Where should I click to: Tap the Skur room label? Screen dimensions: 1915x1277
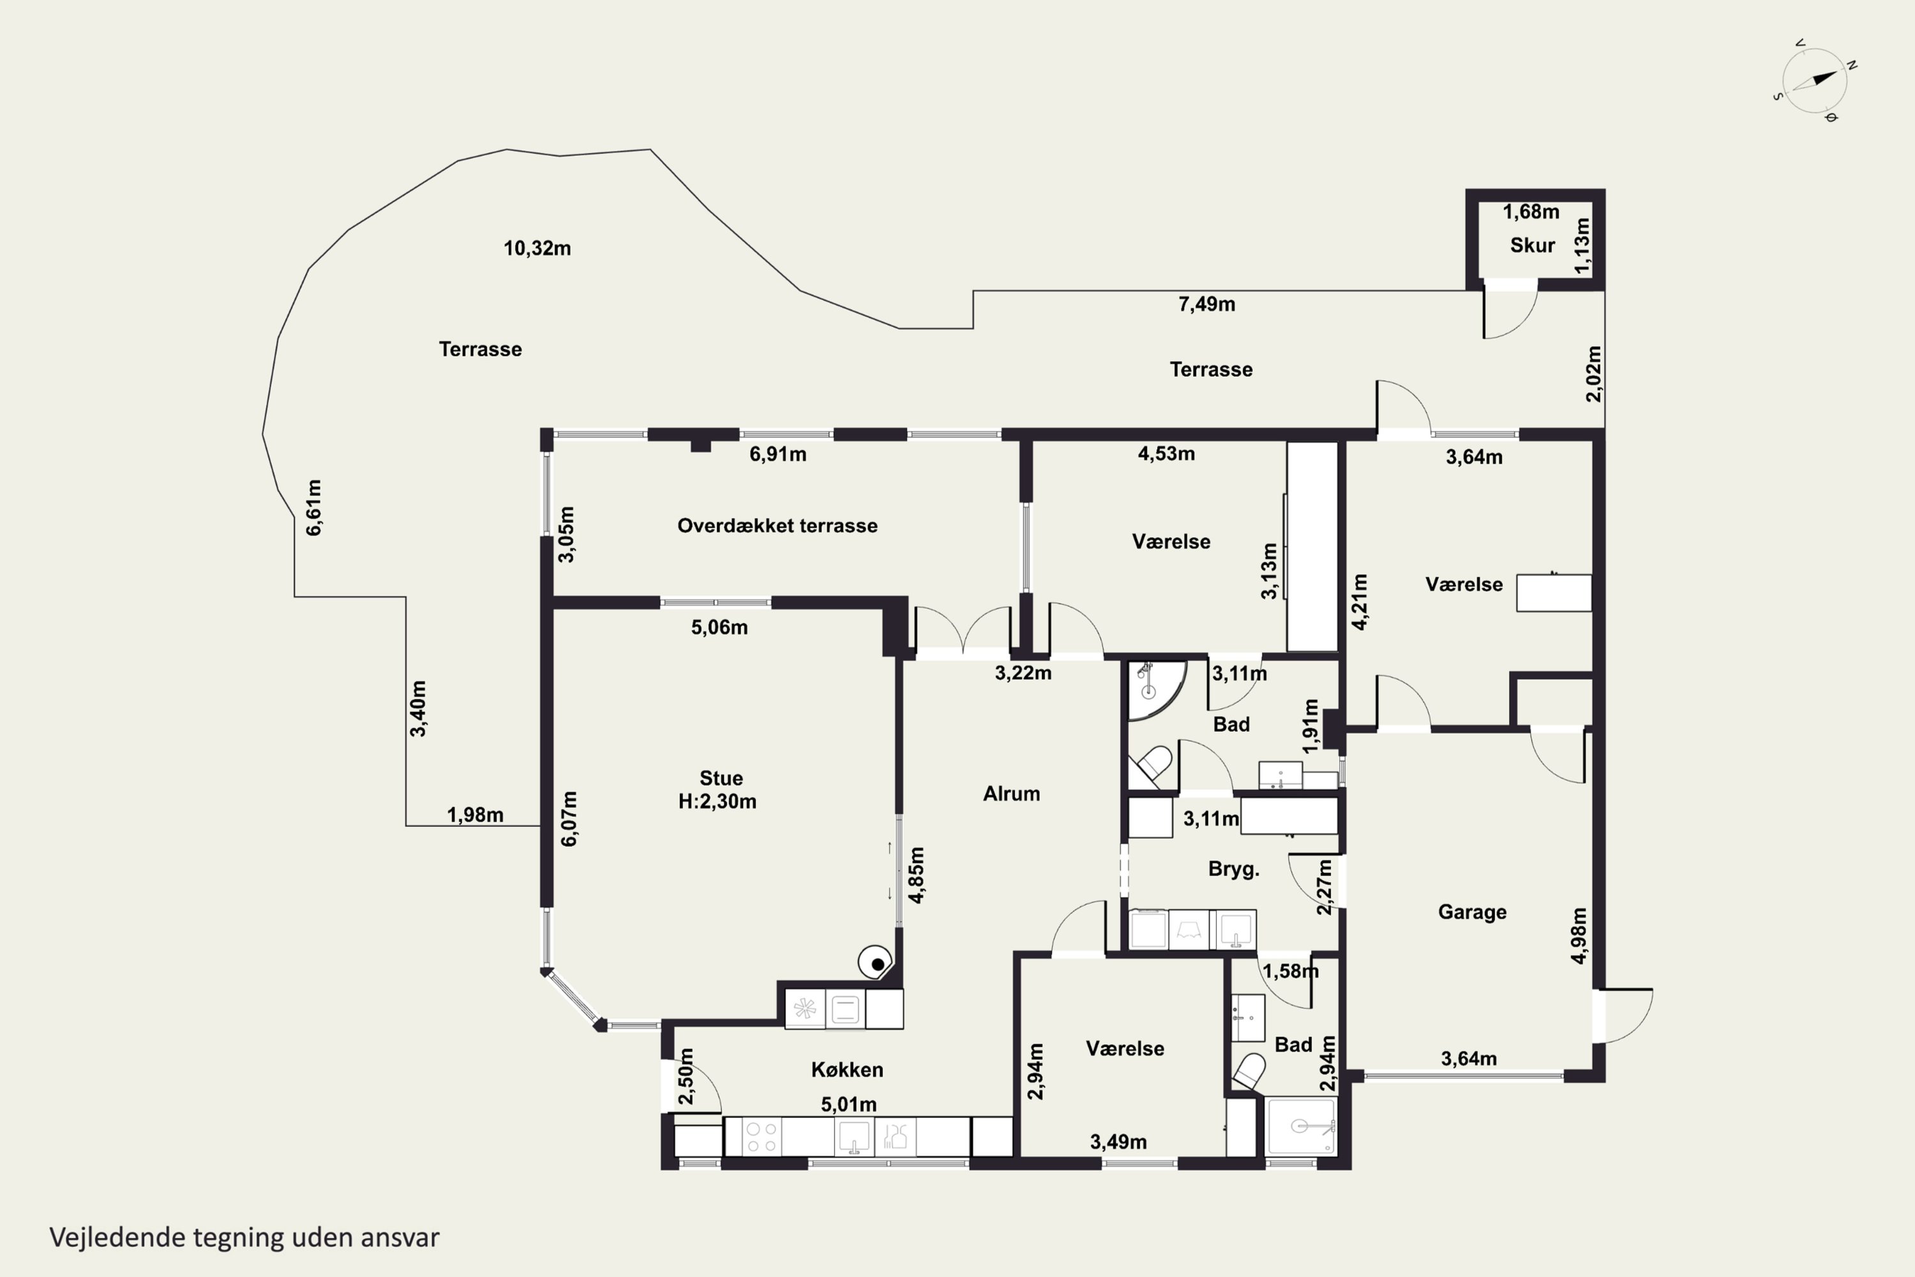pyautogui.click(x=1533, y=245)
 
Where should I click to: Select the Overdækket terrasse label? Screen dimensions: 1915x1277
pyautogui.click(x=777, y=525)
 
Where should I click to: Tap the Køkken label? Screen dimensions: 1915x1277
pyautogui.click(x=847, y=1069)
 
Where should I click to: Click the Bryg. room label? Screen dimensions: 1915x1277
pyautogui.click(x=1233, y=869)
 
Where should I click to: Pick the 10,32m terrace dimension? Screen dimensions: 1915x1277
pyautogui.click(x=537, y=248)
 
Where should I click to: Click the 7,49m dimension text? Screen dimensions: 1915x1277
pyautogui.click(x=1206, y=304)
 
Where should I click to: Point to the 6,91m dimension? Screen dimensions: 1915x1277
pyautogui.click(x=777, y=455)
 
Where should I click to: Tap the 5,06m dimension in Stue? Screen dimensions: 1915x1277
pyautogui.click(x=719, y=627)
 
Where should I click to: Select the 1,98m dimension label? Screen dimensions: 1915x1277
pyautogui.click(x=475, y=815)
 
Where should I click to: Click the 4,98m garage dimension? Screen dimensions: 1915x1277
pyautogui.click(x=1579, y=936)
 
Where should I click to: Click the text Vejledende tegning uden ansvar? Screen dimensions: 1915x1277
pyautogui.click(x=244, y=1237)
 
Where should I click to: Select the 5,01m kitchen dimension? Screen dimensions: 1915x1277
pyautogui.click(x=848, y=1105)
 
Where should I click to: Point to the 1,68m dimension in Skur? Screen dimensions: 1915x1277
pyautogui.click(x=1531, y=212)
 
